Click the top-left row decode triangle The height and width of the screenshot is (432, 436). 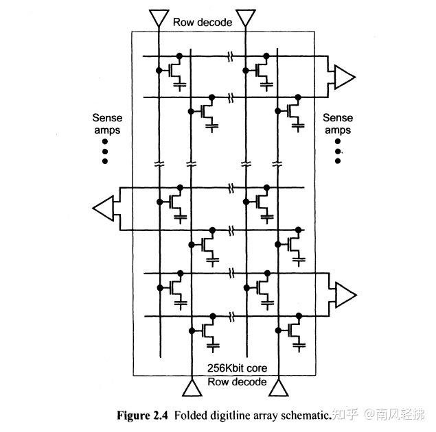click(159, 16)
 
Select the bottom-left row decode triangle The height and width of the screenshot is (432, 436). click(190, 389)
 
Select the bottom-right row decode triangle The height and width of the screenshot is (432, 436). click(277, 389)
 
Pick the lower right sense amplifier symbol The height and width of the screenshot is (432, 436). click(344, 294)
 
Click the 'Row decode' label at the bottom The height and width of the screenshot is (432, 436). click(237, 382)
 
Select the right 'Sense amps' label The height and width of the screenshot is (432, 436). click(337, 124)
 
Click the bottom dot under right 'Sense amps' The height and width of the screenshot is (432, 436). click(337, 161)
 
